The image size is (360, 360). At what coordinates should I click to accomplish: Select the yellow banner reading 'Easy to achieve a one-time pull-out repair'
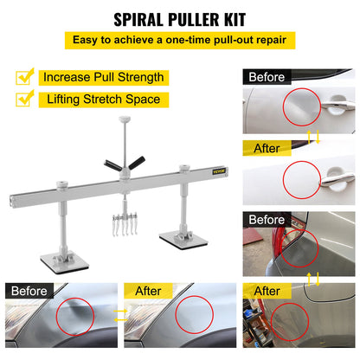pos(179,40)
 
